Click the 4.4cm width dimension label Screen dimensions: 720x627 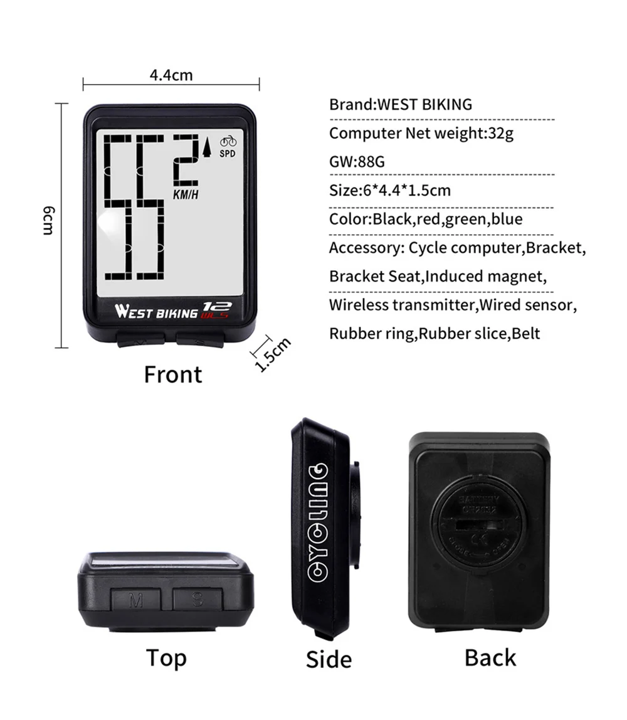click(x=171, y=75)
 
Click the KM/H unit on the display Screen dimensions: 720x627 click(x=186, y=194)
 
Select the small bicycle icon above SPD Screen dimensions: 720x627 click(x=228, y=141)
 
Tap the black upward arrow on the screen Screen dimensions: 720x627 click(x=207, y=147)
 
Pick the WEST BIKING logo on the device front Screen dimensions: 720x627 click(x=156, y=311)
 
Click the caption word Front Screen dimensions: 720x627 click(x=173, y=374)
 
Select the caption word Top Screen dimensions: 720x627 click(x=166, y=658)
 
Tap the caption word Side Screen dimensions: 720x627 click(x=329, y=659)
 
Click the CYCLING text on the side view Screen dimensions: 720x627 click(x=319, y=521)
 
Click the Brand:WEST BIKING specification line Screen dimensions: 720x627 click(x=401, y=104)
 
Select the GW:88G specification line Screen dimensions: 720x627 click(x=357, y=162)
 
